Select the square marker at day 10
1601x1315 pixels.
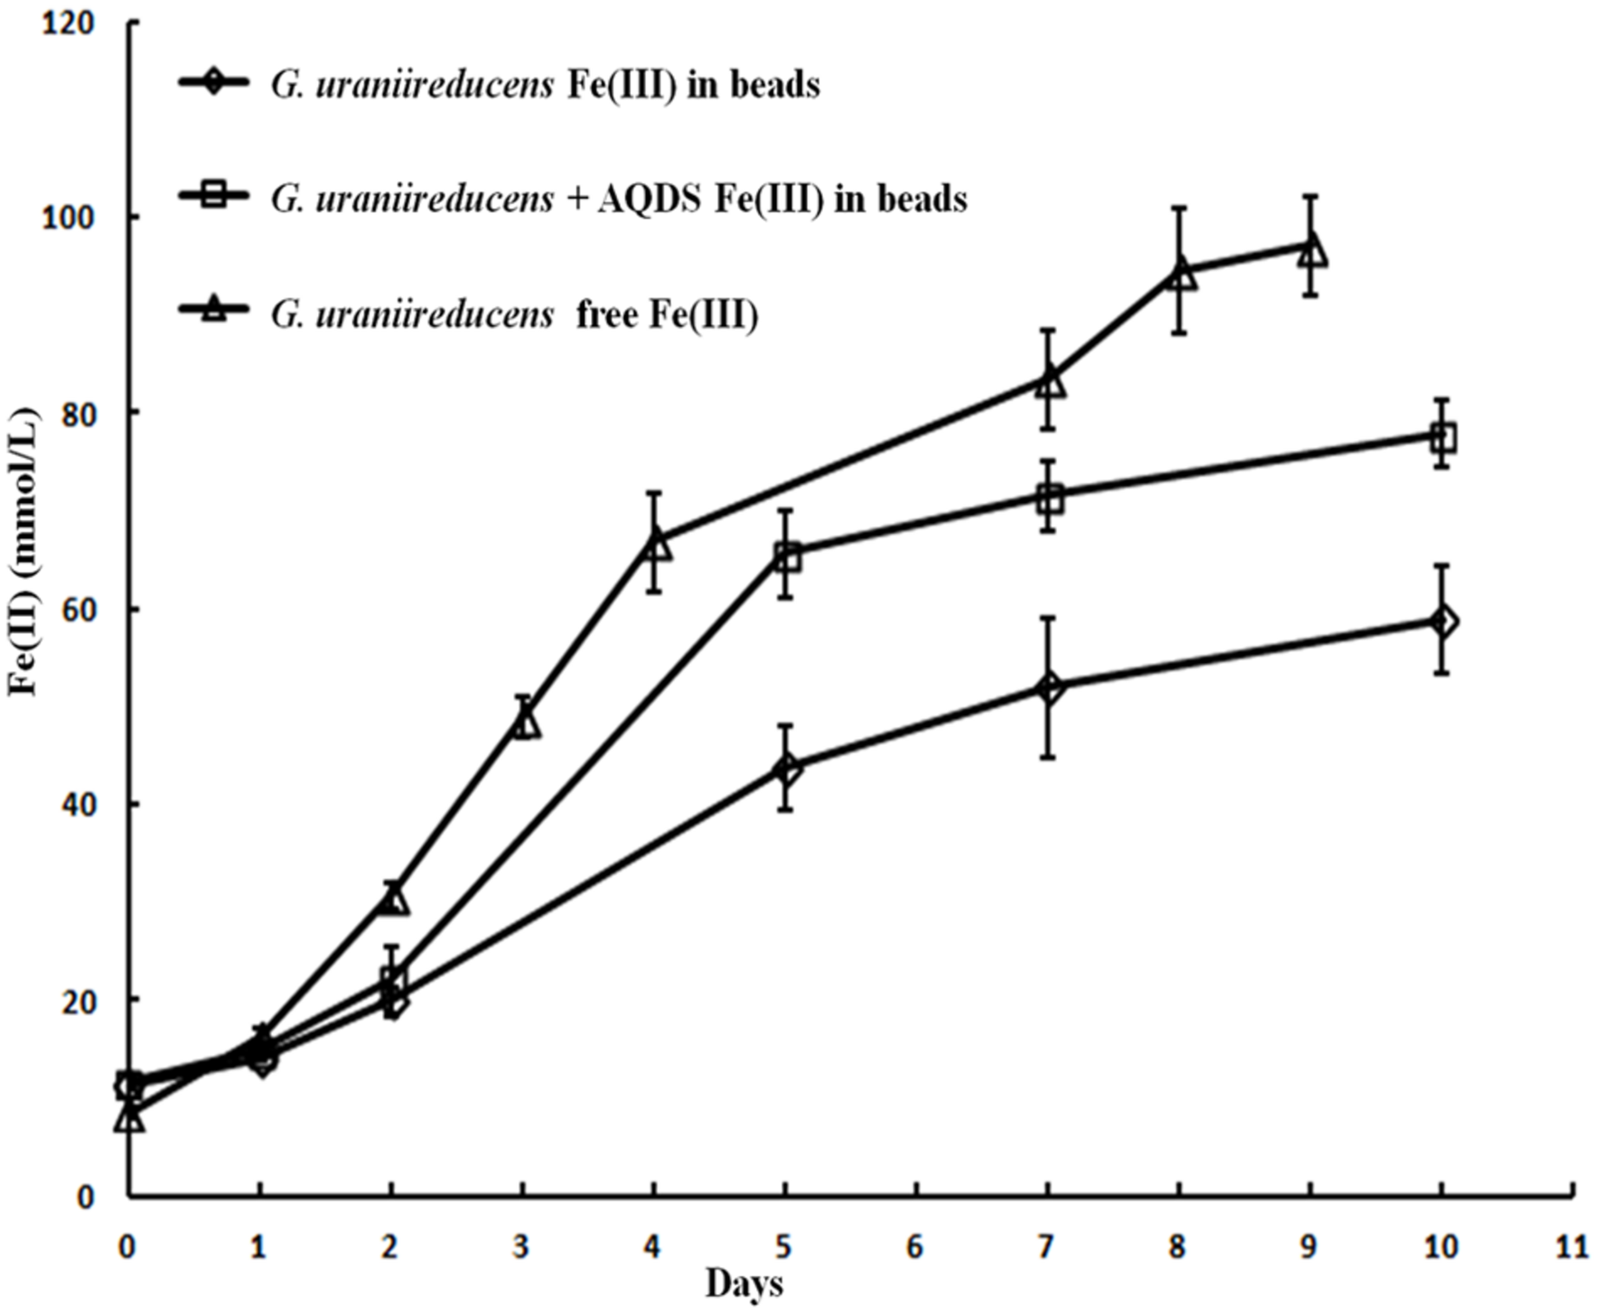[1443, 438]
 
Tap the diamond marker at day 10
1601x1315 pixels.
[1443, 621]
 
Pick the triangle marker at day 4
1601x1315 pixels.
[656, 545]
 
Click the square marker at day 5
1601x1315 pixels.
[787, 558]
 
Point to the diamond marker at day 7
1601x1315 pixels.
[1049, 688]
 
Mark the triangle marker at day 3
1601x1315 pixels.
[525, 723]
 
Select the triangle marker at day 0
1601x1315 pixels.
[130, 1118]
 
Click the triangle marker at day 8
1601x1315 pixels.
[1180, 275]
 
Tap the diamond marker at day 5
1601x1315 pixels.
[787, 769]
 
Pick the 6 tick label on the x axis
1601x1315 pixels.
[916, 1249]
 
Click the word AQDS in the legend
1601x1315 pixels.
[649, 199]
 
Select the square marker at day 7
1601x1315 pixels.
[1049, 498]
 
